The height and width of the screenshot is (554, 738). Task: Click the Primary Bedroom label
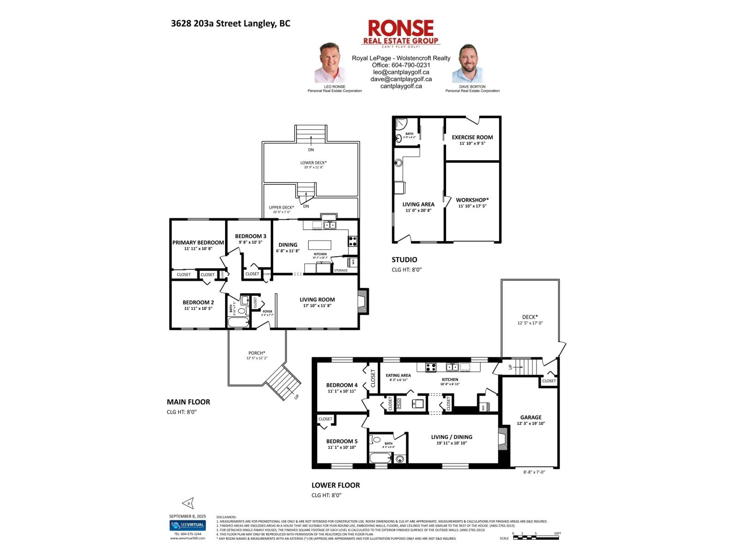point(198,242)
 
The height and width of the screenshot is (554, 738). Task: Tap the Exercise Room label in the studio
point(472,137)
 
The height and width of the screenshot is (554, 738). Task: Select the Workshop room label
point(472,200)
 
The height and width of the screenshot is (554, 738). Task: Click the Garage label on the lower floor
point(531,417)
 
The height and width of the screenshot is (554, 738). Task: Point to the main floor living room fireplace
point(363,302)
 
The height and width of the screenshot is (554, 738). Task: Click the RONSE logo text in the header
point(400,28)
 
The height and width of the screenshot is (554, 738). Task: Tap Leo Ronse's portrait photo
point(330,63)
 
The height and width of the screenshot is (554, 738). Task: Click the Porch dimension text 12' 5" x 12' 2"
point(257,358)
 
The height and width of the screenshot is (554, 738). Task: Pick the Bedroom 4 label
point(341,385)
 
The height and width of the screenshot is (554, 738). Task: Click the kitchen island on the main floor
point(320,245)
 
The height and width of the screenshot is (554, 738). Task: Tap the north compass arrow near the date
point(188,503)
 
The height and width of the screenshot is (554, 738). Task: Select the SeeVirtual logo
point(187,525)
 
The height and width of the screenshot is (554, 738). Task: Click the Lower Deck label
point(313,163)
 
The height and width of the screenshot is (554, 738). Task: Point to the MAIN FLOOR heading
point(188,402)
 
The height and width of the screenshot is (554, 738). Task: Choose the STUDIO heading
point(404,259)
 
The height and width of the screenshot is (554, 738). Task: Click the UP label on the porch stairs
point(296,396)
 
